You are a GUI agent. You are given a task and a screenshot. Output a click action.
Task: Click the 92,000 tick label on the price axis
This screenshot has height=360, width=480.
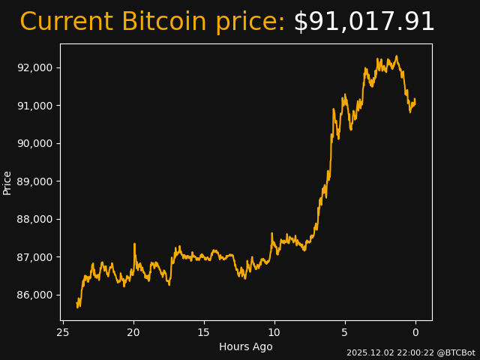pos(35,67)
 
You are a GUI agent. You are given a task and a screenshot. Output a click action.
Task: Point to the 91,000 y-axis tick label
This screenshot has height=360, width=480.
pos(35,106)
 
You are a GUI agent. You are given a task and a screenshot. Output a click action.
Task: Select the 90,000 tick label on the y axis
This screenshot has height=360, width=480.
pos(35,143)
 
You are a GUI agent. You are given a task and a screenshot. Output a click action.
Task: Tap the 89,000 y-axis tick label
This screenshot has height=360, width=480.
pos(35,181)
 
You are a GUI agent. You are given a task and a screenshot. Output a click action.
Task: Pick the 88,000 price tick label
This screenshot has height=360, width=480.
pos(35,219)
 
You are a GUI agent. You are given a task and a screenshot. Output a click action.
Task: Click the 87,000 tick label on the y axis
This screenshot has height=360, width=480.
pos(35,257)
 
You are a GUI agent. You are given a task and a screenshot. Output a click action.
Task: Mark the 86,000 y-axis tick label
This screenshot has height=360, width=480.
pos(35,295)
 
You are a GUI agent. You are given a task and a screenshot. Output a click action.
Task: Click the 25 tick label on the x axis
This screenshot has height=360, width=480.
pos(63,332)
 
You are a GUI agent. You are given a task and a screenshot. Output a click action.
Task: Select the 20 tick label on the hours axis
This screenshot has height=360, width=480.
pos(133,332)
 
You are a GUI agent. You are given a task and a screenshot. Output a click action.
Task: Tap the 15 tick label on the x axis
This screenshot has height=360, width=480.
pos(204,332)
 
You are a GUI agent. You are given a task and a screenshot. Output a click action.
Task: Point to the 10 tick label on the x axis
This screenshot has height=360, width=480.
pos(274,332)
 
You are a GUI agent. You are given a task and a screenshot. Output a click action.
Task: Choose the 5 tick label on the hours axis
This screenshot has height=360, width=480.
pos(345,332)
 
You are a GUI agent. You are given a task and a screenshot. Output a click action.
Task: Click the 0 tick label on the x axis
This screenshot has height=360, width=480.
pos(415,332)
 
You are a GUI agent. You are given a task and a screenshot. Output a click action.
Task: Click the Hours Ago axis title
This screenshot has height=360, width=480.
pos(246,346)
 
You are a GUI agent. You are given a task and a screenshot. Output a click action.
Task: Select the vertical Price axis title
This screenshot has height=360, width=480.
pos(7,182)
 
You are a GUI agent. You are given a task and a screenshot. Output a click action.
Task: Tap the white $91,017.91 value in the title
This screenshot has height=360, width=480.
pos(364,22)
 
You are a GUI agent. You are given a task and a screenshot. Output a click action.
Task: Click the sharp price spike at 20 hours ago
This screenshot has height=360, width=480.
pos(134,244)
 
